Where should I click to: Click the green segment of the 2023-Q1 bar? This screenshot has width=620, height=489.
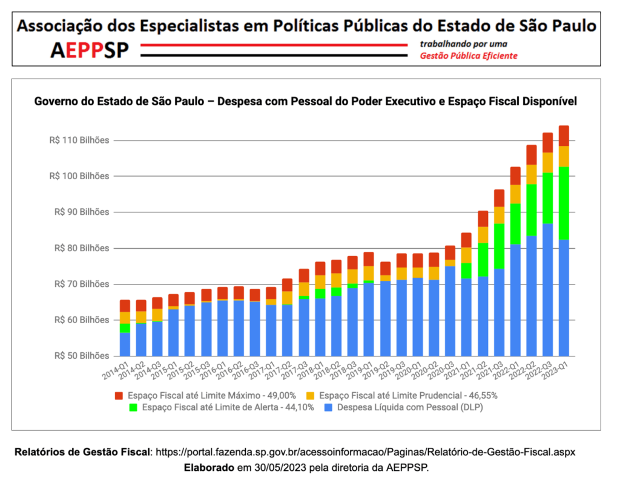pyautogui.click(x=564, y=203)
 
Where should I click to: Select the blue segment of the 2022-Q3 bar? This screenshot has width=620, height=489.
pyautogui.click(x=547, y=289)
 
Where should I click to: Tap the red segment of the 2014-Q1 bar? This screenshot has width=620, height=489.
pyautogui.click(x=125, y=306)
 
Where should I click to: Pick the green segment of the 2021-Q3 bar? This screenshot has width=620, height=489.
pyautogui.click(x=499, y=246)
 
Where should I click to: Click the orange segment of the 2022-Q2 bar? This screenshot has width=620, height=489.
pyautogui.click(x=531, y=174)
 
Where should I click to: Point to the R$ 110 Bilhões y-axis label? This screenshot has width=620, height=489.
pyautogui.click(x=79, y=140)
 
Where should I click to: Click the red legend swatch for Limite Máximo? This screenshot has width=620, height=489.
pyautogui.click(x=119, y=396)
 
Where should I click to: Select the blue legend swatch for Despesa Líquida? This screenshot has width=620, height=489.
pyautogui.click(x=329, y=408)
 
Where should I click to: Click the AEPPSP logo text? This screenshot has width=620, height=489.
pyautogui.click(x=90, y=50)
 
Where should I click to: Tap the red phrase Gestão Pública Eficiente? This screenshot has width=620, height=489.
pyautogui.click(x=469, y=56)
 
